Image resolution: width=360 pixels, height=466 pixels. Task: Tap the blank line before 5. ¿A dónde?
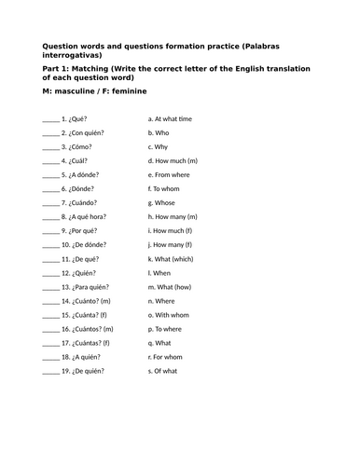pos(50,175)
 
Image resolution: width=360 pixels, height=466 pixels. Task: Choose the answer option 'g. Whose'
pos(163,203)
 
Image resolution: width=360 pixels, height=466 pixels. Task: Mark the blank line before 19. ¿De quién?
pos(50,371)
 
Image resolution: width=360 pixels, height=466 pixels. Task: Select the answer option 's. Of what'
pos(165,371)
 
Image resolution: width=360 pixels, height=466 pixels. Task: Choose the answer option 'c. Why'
pos(159,147)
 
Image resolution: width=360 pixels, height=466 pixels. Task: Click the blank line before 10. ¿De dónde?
pos(50,245)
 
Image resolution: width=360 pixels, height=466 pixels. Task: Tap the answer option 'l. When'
pos(160,273)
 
